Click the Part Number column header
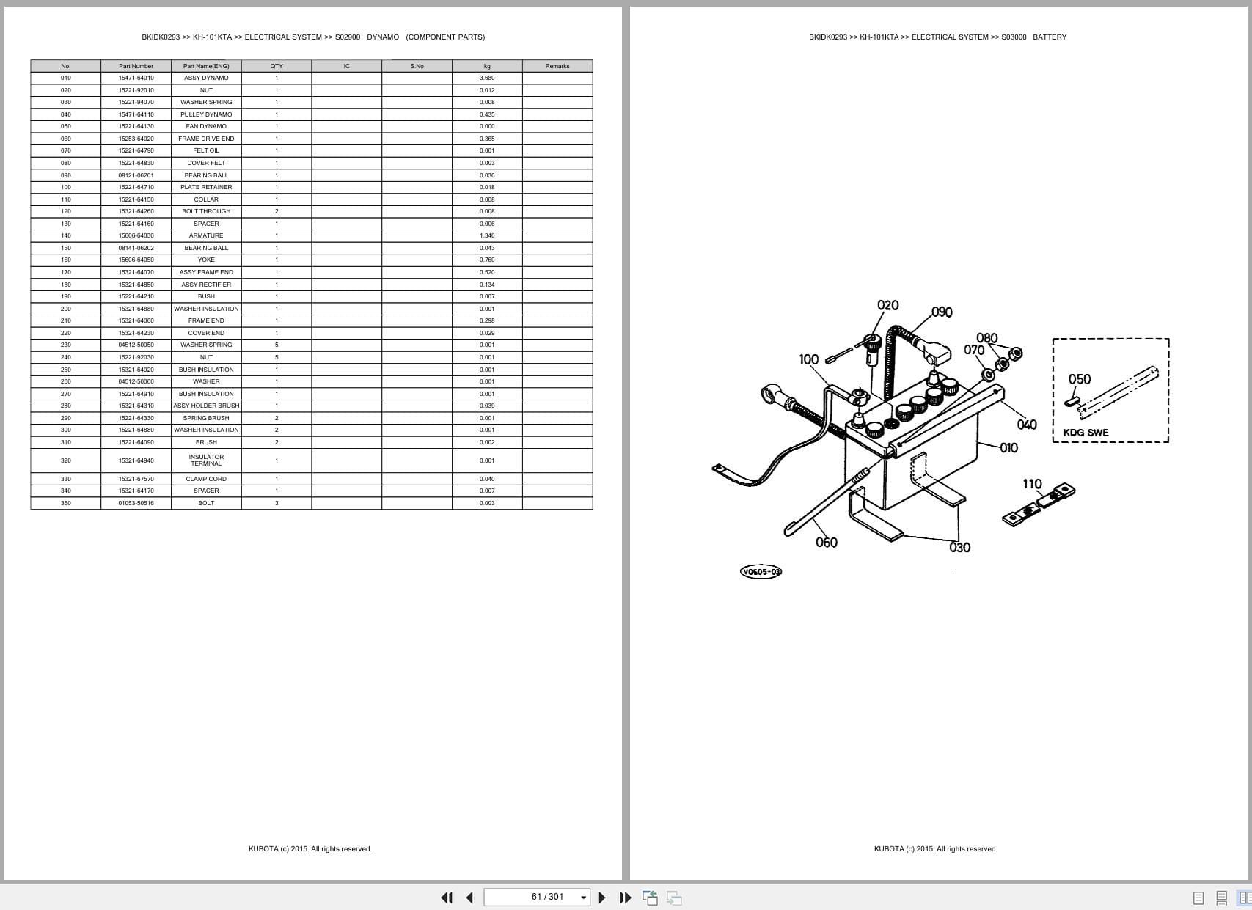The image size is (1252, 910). [136, 66]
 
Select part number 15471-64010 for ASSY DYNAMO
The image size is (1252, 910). [136, 78]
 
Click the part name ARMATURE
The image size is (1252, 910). [206, 235]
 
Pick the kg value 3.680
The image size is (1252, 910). [487, 78]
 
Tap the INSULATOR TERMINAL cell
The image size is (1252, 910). [206, 460]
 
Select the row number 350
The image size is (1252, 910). [66, 503]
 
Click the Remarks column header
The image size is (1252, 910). [557, 66]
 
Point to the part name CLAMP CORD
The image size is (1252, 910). [206, 479]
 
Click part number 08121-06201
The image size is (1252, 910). [136, 175]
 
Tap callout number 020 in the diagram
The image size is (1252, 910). [887, 305]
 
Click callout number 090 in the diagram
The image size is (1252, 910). [942, 312]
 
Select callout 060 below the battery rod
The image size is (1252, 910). [826, 543]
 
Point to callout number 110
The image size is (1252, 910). [1032, 484]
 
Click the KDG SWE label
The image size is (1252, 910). [1086, 433]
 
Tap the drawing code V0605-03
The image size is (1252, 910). [761, 572]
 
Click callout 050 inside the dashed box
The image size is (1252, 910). [1079, 379]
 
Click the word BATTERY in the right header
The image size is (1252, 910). [1050, 37]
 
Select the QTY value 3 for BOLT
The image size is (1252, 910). [277, 503]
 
